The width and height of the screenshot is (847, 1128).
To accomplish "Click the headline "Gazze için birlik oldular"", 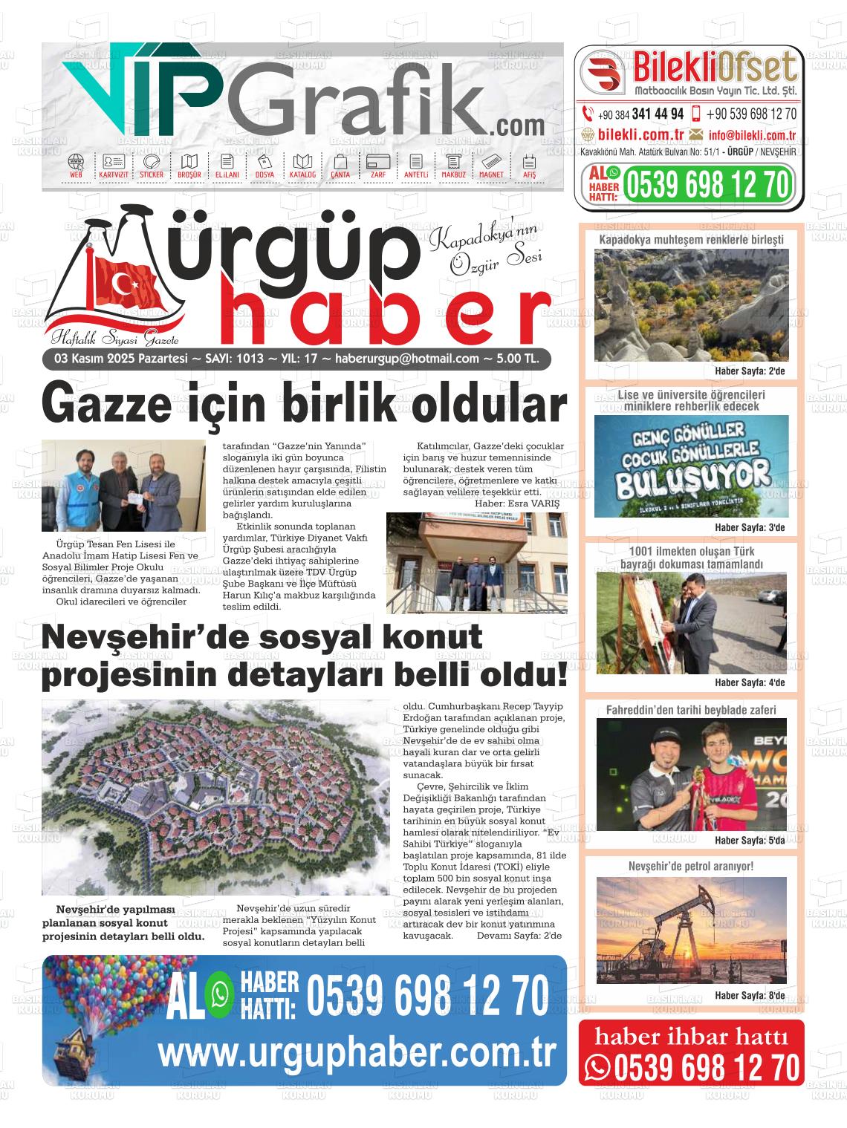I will (304, 405).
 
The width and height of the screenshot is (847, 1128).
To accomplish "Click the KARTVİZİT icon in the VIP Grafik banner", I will (114, 166).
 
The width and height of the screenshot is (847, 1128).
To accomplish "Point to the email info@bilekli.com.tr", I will (752, 135).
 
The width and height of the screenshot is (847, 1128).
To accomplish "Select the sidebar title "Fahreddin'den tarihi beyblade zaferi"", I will (691, 710).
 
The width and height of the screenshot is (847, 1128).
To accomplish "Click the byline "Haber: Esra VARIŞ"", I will (516, 503).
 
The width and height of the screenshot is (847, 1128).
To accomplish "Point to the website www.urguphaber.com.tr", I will (357, 1052).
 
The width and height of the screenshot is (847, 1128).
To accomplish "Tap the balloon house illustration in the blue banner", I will (88, 1025).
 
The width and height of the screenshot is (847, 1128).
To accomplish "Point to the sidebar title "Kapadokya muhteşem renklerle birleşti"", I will (691, 239).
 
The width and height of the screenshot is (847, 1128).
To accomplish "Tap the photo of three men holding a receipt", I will (123, 485).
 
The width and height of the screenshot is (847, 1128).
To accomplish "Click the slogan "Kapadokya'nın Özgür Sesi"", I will (487, 252).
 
